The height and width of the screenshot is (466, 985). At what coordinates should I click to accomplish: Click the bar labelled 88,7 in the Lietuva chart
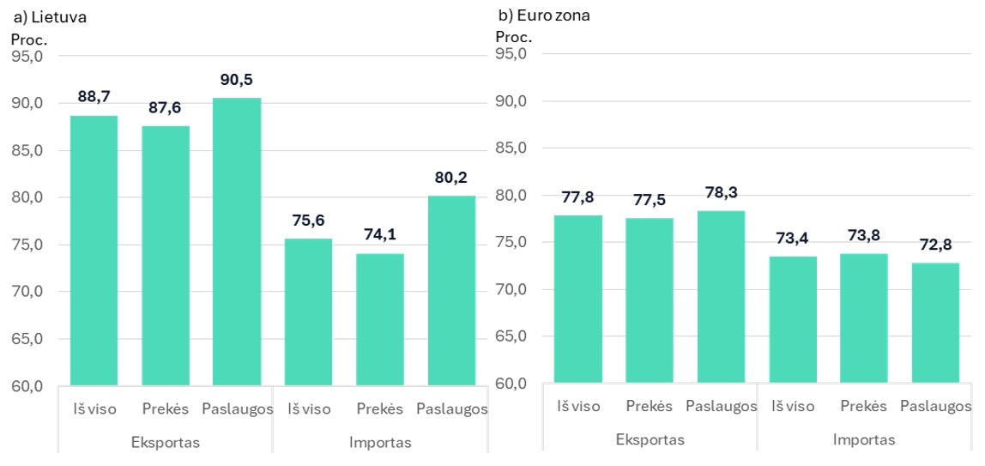coord(94,250)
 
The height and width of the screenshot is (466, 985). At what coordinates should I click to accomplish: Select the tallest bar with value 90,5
coord(237,241)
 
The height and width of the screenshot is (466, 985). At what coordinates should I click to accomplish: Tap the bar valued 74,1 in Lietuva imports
coord(380,318)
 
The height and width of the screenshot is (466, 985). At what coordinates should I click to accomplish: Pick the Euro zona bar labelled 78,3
coord(721,296)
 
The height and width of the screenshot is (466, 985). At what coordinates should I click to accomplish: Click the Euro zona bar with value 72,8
coord(935,322)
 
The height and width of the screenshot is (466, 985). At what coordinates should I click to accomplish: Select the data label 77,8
coord(577,198)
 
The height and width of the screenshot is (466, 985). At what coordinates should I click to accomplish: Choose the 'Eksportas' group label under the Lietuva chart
coord(165,443)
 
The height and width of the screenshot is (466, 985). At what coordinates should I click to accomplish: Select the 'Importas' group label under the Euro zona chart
coord(863,439)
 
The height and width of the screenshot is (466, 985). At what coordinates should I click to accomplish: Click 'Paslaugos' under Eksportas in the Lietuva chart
coord(238,409)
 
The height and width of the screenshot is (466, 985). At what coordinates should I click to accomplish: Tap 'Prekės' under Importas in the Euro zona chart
coord(863,406)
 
